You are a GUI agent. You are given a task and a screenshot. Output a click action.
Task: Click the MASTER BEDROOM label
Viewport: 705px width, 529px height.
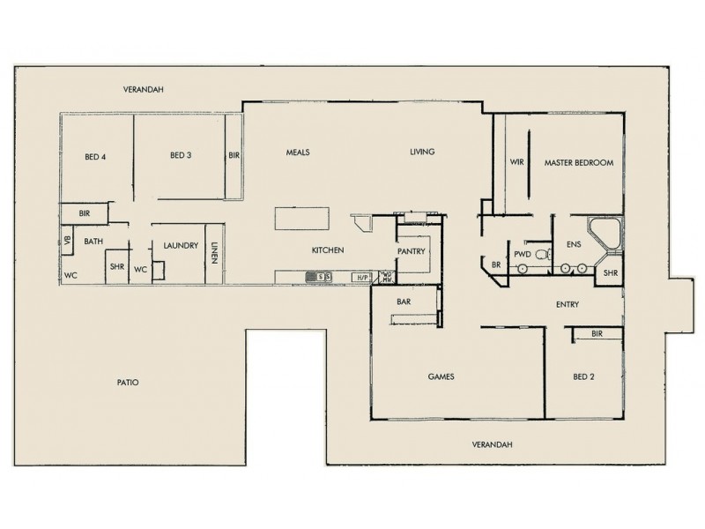tap(578, 163)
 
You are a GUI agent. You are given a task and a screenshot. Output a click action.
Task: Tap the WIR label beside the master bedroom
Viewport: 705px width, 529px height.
tap(517, 163)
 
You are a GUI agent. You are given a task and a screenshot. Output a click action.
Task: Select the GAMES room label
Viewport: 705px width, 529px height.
tap(440, 376)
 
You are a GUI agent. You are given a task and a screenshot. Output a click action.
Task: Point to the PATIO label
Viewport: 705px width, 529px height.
tap(129, 383)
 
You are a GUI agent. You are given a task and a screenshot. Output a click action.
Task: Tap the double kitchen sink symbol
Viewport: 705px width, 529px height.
tap(318, 277)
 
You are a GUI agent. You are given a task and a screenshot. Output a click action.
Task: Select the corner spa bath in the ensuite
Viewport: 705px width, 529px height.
tap(605, 232)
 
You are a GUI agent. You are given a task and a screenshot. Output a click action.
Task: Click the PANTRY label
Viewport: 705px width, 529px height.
tap(412, 251)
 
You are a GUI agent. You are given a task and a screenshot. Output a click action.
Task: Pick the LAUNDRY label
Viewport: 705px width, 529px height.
tap(180, 246)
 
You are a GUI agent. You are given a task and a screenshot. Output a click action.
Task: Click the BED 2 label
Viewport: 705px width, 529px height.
tap(583, 376)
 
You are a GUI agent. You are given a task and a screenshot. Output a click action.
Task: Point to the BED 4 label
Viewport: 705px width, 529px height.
tap(95, 158)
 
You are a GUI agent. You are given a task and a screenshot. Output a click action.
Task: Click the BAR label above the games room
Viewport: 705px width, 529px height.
tap(405, 302)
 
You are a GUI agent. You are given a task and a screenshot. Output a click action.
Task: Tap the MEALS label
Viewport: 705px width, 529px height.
tap(298, 152)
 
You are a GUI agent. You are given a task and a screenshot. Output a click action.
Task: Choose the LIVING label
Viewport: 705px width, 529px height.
tap(422, 152)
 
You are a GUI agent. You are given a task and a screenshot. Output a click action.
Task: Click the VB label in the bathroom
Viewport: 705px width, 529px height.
tap(66, 239)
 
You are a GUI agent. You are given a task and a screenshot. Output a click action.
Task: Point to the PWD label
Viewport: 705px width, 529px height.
tap(522, 253)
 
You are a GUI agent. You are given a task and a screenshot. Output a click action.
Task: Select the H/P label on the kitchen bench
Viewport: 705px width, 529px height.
tap(360, 277)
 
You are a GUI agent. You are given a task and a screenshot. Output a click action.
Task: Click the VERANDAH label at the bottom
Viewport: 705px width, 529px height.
tap(492, 444)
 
